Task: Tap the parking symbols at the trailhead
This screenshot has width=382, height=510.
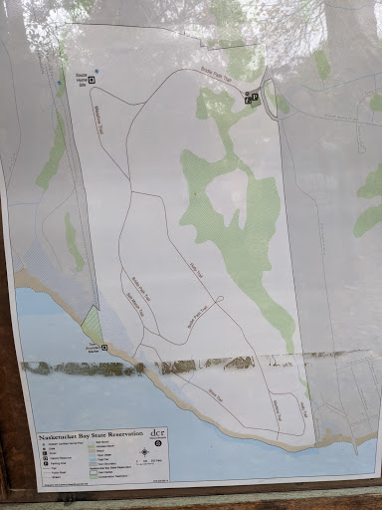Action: click(251, 97)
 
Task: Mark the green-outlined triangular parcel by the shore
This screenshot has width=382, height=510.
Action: click(92, 325)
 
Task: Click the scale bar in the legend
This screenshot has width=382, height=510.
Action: click(149, 459)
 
